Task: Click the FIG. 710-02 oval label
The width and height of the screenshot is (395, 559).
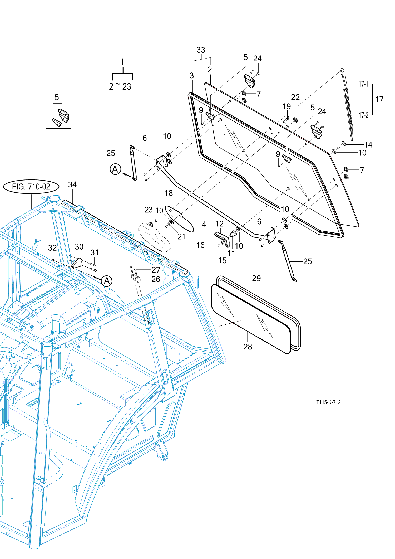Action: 31,187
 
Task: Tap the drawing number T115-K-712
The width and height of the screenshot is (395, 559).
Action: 328,402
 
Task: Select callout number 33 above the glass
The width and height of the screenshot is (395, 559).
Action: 201,50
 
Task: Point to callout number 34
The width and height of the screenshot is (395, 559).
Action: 72,185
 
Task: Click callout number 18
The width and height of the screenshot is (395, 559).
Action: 169,193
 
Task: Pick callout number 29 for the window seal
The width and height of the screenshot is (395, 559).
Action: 256,278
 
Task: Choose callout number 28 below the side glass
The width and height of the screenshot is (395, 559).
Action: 248,347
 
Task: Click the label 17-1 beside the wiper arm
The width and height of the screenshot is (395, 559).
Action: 363,84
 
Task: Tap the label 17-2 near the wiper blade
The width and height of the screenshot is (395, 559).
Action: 363,115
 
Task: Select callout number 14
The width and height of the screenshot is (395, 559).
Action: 368,145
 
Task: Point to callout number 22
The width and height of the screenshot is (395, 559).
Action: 295,97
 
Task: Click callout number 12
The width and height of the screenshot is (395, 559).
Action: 219,224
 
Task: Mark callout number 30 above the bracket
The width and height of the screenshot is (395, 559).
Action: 79,247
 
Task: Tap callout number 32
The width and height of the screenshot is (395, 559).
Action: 52,248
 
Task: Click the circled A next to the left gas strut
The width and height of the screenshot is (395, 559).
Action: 115,169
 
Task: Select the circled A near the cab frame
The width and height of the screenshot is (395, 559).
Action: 107,281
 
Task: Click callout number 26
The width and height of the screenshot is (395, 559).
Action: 156,279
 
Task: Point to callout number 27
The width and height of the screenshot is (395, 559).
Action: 156,270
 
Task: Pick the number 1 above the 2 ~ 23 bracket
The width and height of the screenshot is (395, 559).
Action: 122,62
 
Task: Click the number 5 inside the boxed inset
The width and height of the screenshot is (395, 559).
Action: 57,98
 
